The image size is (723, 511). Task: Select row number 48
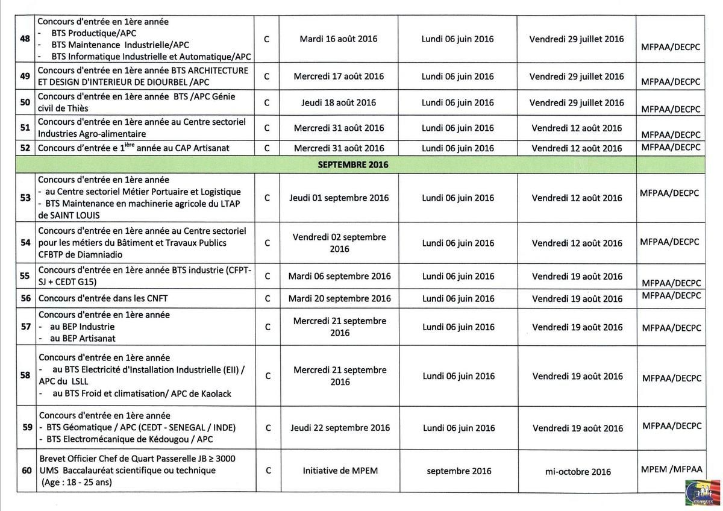25,39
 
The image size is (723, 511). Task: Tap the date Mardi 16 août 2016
338,39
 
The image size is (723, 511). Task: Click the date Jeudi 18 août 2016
338,102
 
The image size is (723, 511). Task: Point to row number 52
25,148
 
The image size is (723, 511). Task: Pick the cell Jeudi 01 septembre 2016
339,198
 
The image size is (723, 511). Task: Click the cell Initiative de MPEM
340,471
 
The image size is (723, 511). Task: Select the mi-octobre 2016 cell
577,471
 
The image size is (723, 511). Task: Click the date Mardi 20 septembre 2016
339,298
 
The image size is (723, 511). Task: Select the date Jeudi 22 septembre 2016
340,428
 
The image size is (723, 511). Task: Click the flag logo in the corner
703,492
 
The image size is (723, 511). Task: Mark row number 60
27,471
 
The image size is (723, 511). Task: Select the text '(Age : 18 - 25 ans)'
77,483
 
